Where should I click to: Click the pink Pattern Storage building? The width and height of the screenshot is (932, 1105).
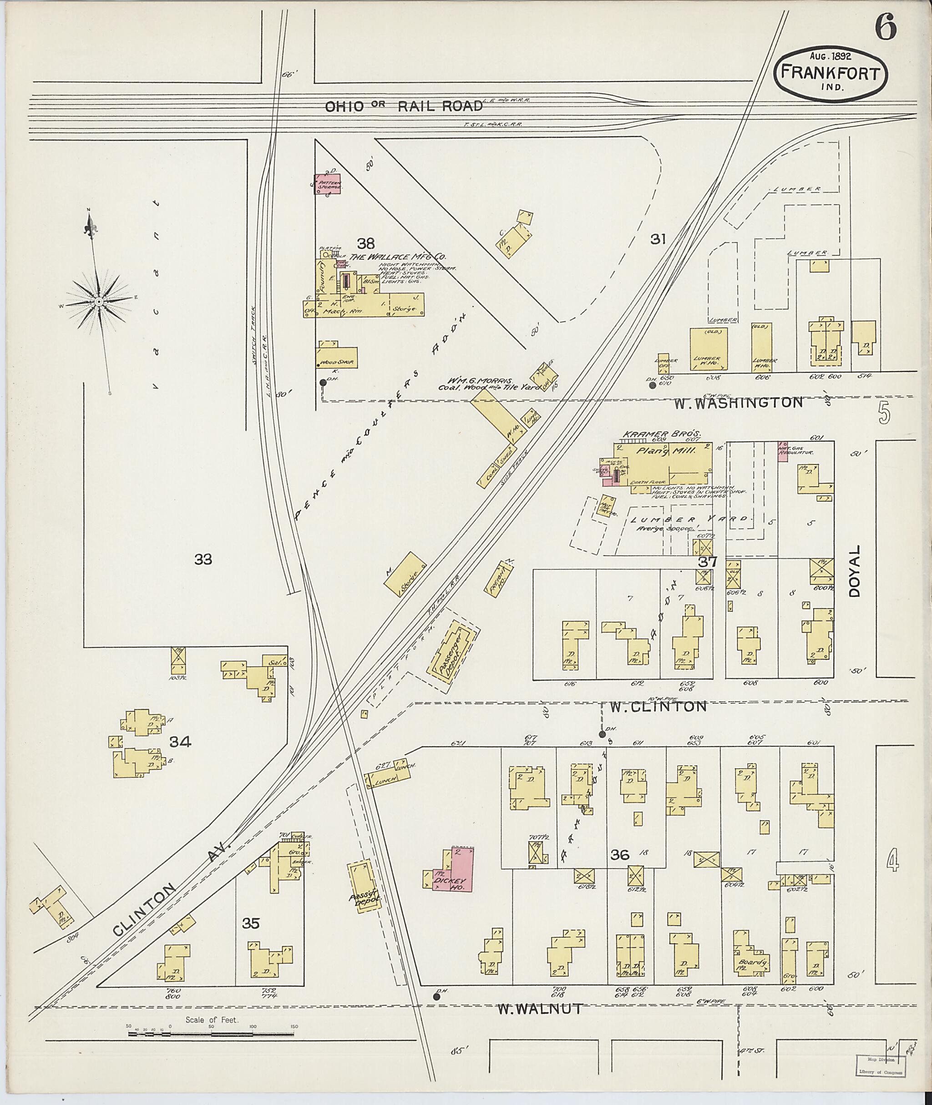click(x=328, y=183)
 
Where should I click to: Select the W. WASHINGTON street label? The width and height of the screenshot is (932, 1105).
click(x=738, y=403)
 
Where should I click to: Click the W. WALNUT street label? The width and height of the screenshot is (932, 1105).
click(x=539, y=1009)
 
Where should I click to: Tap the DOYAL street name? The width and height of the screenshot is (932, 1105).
click(x=855, y=571)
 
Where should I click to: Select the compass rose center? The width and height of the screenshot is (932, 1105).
click(x=99, y=301)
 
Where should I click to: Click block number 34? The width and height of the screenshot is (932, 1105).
click(x=180, y=742)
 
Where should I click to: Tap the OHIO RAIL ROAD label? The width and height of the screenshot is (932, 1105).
click(x=404, y=106)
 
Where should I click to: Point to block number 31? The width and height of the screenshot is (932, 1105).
click(x=658, y=239)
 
